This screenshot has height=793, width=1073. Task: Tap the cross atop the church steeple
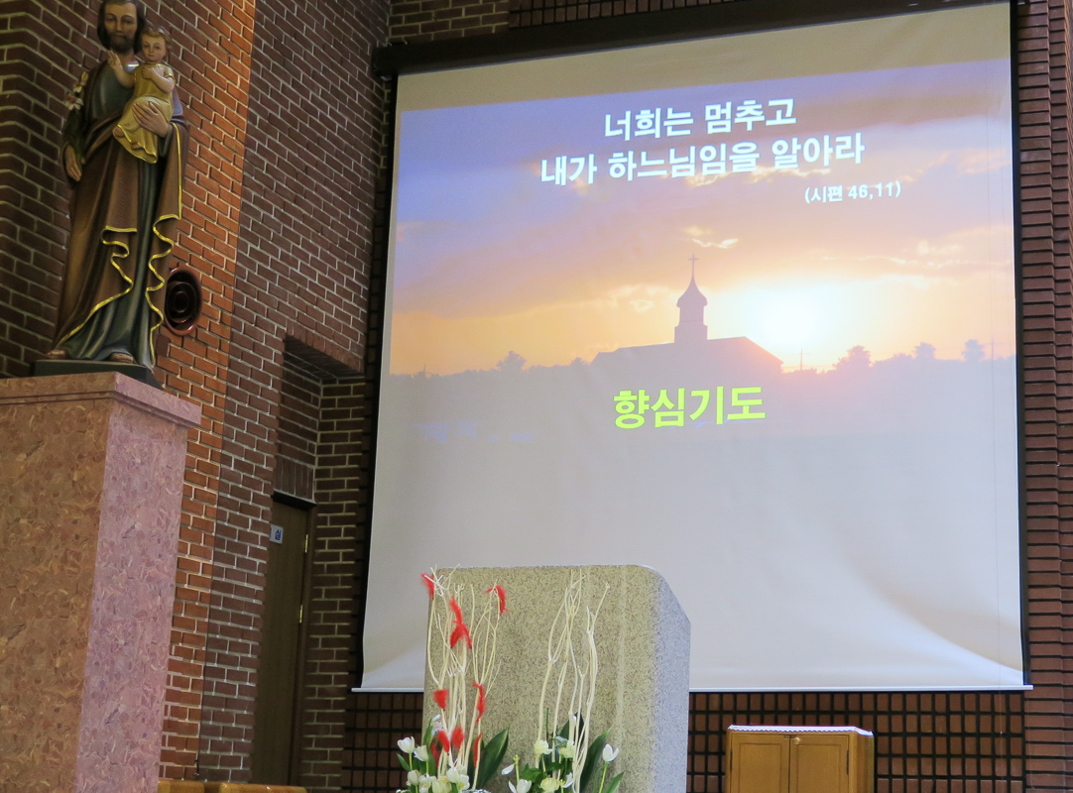tap(692, 264)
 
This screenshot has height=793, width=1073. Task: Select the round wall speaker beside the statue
tap(182, 299)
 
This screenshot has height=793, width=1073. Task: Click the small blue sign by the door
tap(278, 533)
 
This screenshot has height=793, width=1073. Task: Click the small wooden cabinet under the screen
tap(799, 758)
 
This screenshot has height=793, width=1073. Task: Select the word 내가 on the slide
tap(568, 169)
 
